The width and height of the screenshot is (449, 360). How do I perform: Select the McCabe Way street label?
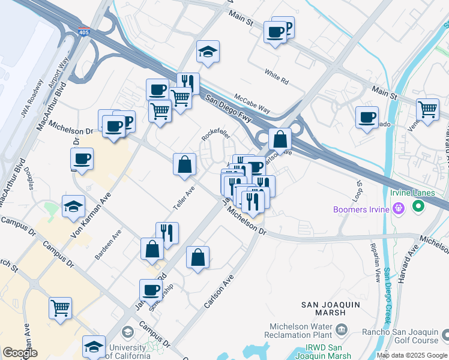click(x=252, y=103)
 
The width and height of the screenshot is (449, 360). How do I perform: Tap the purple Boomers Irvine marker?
click(x=398, y=209)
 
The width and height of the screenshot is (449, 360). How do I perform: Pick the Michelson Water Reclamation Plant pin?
click(x=342, y=329)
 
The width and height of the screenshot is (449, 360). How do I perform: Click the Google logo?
click(x=20, y=353)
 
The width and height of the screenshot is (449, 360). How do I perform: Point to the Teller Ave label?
click(x=184, y=197)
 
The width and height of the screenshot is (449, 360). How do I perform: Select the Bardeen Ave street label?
click(x=108, y=245)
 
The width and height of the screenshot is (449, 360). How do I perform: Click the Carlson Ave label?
click(x=218, y=292)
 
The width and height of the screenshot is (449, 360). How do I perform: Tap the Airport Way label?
click(x=59, y=73)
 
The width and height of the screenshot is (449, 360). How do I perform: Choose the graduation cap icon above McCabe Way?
click(x=208, y=52)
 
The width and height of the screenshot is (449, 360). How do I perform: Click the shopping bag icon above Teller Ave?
click(x=185, y=164)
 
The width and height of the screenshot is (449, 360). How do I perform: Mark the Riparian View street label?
click(x=374, y=264)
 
